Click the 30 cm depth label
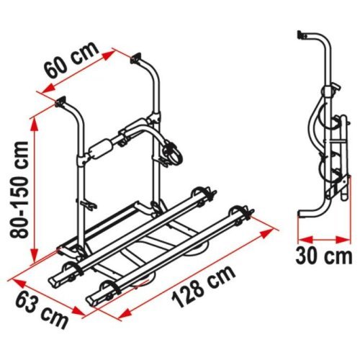tap(323, 255)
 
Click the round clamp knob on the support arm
tap(174, 153)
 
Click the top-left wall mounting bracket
tap(60, 102)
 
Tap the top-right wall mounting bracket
tap(138, 55)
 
